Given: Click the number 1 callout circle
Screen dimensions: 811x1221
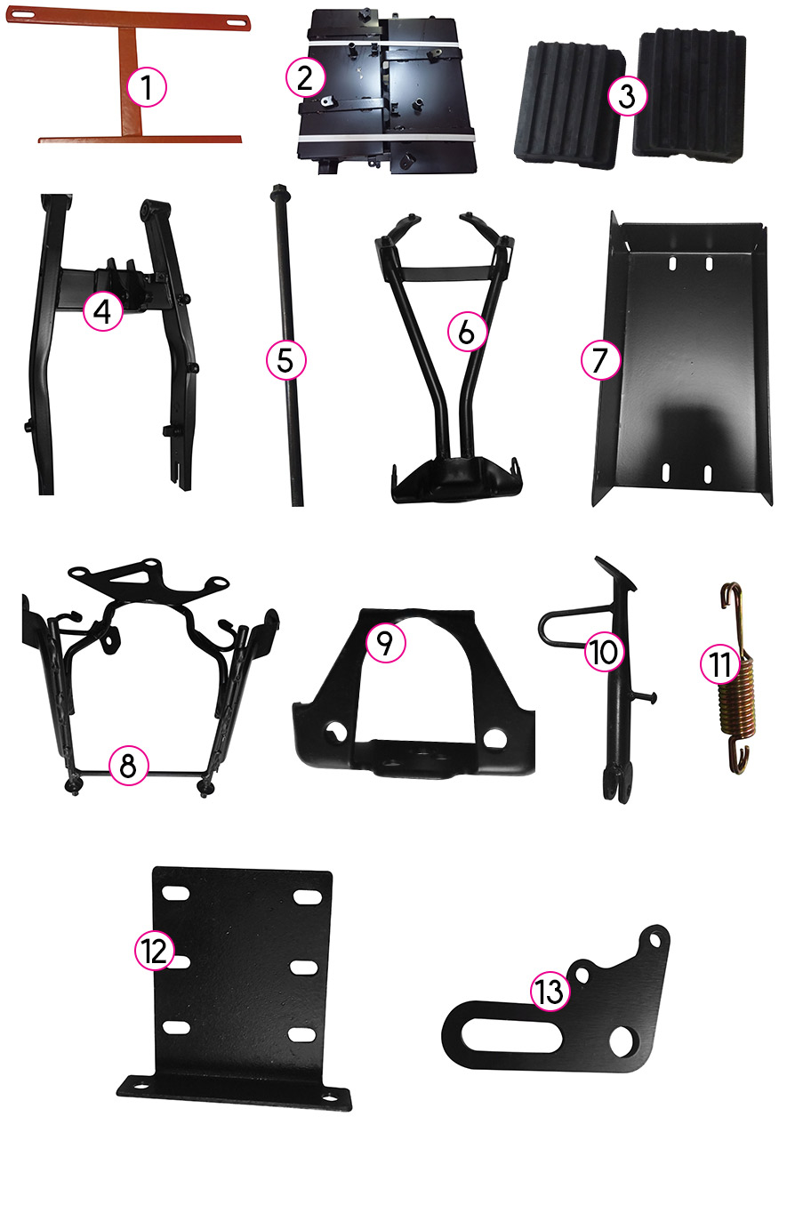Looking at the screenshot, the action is [x=146, y=87].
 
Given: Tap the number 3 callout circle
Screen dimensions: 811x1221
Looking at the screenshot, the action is [x=627, y=96].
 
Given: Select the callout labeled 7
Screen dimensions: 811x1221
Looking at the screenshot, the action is [x=600, y=360].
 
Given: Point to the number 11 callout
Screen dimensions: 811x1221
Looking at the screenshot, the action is [x=720, y=664].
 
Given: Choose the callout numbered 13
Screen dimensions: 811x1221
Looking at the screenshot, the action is [x=550, y=991].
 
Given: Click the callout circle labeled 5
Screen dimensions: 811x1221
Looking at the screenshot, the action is [x=285, y=360].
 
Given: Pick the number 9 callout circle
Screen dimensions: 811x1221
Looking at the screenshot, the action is [x=385, y=643].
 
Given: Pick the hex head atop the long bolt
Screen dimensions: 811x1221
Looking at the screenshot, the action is [x=278, y=190].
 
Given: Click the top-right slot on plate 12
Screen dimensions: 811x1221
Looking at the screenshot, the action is [x=306, y=896].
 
